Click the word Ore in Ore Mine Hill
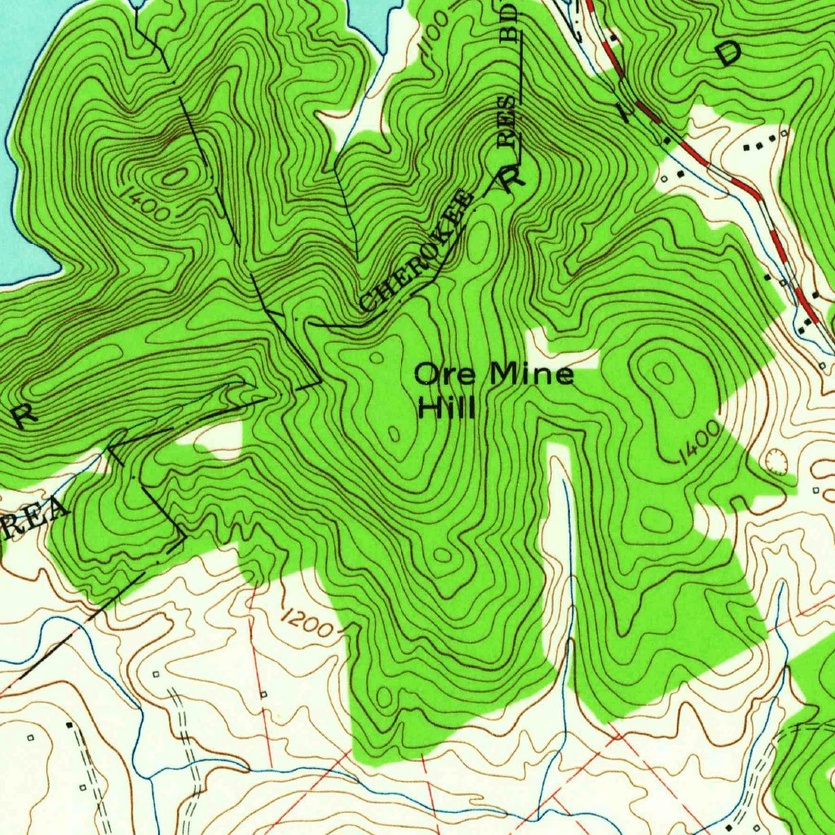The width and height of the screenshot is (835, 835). [x=446, y=374]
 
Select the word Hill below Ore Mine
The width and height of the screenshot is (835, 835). [x=445, y=406]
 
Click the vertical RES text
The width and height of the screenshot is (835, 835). [x=508, y=122]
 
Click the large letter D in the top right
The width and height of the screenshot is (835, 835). [x=728, y=52]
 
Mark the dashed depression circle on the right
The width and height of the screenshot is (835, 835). [x=778, y=462]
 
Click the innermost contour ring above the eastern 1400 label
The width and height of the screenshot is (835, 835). [x=664, y=373]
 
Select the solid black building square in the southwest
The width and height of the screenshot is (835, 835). [x=68, y=724]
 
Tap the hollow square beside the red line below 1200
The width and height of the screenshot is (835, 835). [x=263, y=694]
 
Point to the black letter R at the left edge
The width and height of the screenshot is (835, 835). [x=24, y=415]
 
